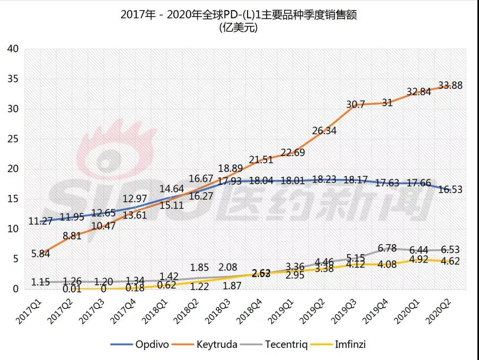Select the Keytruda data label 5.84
[x=41, y=254]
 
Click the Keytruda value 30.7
[x=356, y=104]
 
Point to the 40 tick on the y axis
[x=12, y=49]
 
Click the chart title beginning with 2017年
[x=239, y=15]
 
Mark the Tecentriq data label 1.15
[x=41, y=282]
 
